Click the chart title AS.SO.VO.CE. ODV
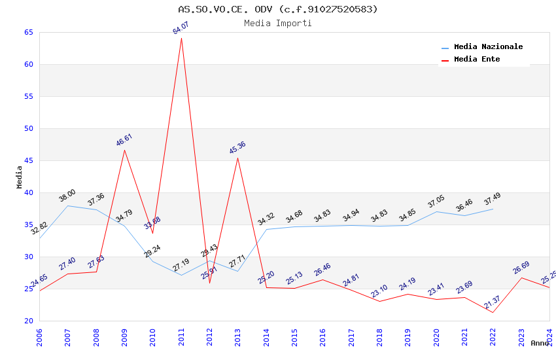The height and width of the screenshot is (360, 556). (x=278, y=9)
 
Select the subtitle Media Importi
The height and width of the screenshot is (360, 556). (x=278, y=23)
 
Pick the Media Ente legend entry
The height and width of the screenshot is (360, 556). (x=477, y=60)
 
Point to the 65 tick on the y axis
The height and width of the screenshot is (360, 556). (x=28, y=32)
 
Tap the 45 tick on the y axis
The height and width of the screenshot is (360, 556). (x=28, y=160)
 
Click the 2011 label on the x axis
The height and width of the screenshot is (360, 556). (x=181, y=336)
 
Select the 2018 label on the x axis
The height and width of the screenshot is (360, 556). (x=379, y=336)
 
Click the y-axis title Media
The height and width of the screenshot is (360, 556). (x=19, y=177)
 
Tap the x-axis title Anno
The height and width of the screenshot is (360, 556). (x=540, y=343)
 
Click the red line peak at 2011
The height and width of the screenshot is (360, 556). (x=181, y=38)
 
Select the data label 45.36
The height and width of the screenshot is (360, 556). (x=237, y=148)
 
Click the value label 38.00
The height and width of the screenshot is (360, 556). (x=67, y=195)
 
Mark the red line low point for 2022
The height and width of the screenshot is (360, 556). (x=493, y=312)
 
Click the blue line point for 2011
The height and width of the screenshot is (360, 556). (x=181, y=275)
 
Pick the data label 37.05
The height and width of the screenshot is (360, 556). (x=436, y=201)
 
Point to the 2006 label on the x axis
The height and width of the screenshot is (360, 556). (x=39, y=336)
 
